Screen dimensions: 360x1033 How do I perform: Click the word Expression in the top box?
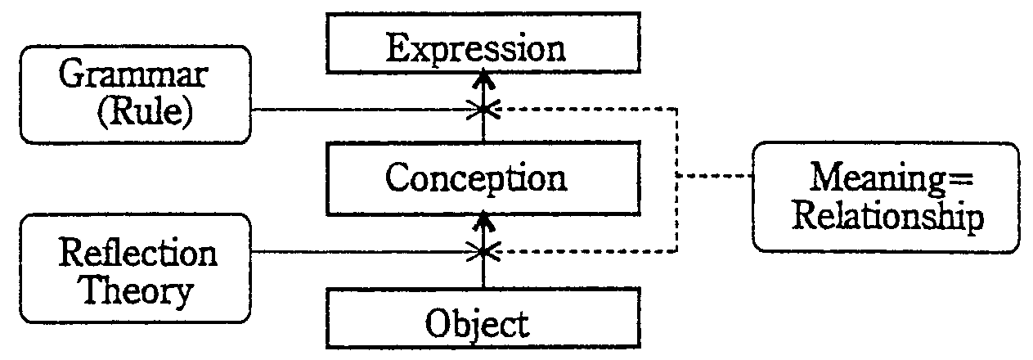(476, 49)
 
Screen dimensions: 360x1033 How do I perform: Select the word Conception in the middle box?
(476, 178)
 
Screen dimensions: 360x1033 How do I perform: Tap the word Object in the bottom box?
(477, 325)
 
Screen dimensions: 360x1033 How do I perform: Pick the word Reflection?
(138, 254)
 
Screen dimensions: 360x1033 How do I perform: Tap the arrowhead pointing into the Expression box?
(484, 79)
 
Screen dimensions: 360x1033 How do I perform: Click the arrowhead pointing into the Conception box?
(484, 221)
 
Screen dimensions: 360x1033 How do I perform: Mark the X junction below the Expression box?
(484, 109)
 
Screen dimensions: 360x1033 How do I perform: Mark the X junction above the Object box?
(484, 252)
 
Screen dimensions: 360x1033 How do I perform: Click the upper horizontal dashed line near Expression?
(589, 108)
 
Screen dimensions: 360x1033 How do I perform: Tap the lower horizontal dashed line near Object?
(589, 252)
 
